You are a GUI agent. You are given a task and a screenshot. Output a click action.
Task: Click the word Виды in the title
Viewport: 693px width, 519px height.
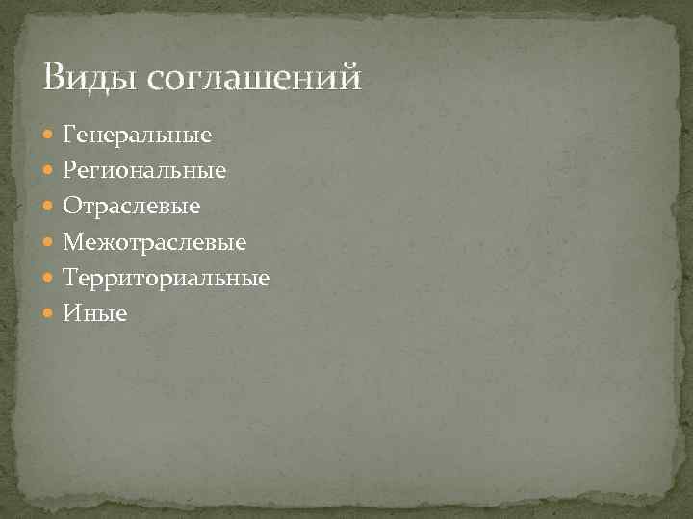pyautogui.click(x=91, y=76)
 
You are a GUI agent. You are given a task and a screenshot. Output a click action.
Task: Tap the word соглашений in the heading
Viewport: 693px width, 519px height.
pyautogui.click(x=255, y=77)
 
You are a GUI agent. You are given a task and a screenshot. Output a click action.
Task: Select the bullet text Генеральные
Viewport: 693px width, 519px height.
pyautogui.click(x=137, y=134)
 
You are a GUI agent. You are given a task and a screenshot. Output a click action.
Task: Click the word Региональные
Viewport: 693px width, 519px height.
pyautogui.click(x=144, y=170)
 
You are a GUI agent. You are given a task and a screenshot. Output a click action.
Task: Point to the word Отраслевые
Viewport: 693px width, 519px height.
pyautogui.click(x=131, y=206)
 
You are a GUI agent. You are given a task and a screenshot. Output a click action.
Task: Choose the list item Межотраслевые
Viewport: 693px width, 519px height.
pyautogui.click(x=154, y=242)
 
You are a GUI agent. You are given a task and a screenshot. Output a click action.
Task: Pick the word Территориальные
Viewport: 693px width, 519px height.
pyautogui.click(x=166, y=278)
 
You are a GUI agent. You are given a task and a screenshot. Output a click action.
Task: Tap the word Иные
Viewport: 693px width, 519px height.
pyautogui.click(x=94, y=313)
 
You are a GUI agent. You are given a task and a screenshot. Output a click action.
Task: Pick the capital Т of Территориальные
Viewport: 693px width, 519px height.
pyautogui.click(x=69, y=278)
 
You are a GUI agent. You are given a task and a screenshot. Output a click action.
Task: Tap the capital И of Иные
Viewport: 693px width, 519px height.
pyautogui.click(x=70, y=313)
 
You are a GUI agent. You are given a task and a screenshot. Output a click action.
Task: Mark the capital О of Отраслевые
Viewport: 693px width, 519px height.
pyautogui.click(x=70, y=206)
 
